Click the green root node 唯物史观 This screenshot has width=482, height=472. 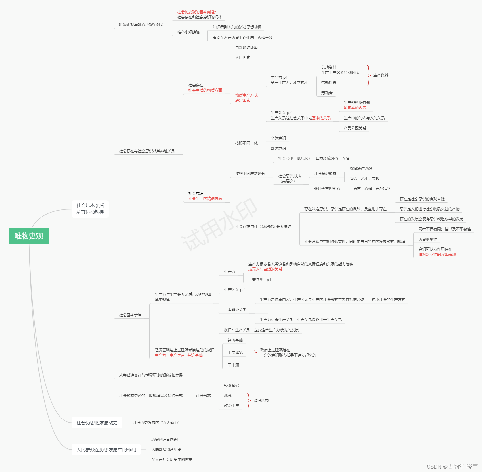click(x=29, y=236)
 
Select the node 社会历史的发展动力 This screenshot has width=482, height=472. click(x=97, y=423)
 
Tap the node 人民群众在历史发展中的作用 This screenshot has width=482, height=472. click(x=106, y=450)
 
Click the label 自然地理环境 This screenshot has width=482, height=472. click(x=246, y=47)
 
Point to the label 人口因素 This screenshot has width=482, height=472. click(x=242, y=57)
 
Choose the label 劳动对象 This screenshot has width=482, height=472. click(x=329, y=83)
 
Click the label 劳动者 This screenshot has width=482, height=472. click(x=327, y=93)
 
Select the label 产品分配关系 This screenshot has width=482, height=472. click(x=355, y=128)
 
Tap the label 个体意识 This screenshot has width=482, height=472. click(x=278, y=138)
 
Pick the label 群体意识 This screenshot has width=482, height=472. click(x=278, y=148)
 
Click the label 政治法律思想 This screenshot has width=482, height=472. click(x=360, y=168)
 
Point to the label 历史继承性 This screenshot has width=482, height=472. click(x=428, y=239)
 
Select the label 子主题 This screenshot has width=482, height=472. click(x=233, y=365)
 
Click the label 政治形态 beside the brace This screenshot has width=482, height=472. click(x=261, y=400)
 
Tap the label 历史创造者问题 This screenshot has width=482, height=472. click(x=164, y=439)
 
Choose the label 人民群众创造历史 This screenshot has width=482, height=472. click(x=166, y=449)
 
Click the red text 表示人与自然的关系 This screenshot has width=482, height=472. click(x=265, y=269)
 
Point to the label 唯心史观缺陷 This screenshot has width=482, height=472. click(x=188, y=32)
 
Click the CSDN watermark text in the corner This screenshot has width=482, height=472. click(x=452, y=467)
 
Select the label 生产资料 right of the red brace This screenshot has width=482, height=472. click(x=381, y=75)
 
